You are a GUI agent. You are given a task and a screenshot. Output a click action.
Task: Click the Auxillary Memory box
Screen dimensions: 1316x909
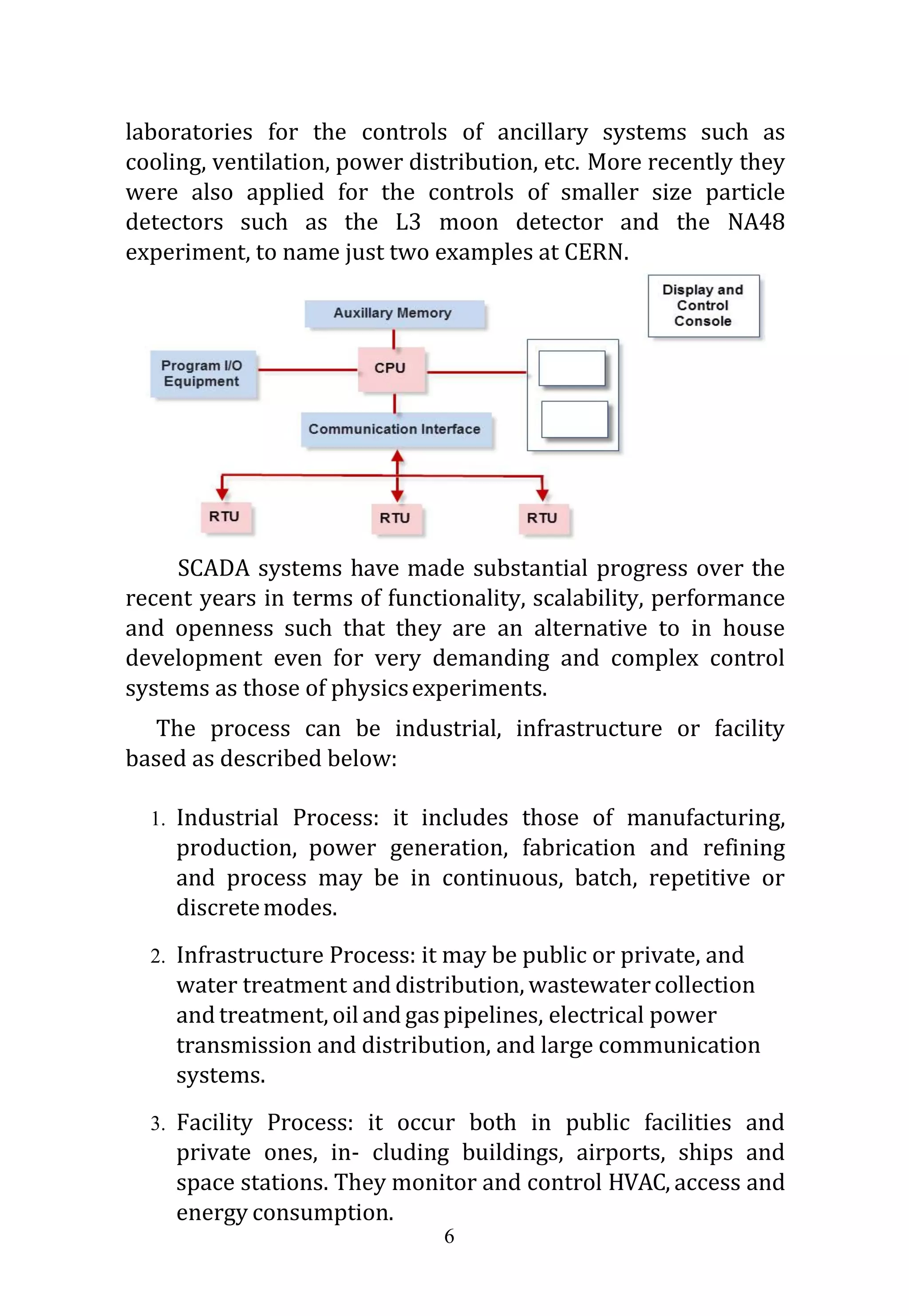coord(394,313)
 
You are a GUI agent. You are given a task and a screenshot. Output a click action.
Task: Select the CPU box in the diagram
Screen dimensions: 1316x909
coord(391,368)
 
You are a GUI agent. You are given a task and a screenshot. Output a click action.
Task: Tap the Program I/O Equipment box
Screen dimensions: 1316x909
coord(202,374)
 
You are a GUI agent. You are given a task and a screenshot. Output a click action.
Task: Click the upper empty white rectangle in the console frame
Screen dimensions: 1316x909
coord(572,368)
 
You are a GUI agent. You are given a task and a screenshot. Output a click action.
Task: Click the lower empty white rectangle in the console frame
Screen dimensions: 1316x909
coord(574,419)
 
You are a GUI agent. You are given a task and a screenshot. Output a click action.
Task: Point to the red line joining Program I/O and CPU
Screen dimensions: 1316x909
coord(308,370)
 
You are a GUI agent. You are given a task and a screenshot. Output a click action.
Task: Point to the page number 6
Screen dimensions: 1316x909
coord(449,1236)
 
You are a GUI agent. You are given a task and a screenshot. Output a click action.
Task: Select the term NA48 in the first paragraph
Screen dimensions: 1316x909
coord(756,222)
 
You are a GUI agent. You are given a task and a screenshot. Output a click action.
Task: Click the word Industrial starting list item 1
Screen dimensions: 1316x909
coord(227,817)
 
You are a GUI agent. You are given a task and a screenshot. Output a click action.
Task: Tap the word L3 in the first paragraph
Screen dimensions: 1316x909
coord(408,222)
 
